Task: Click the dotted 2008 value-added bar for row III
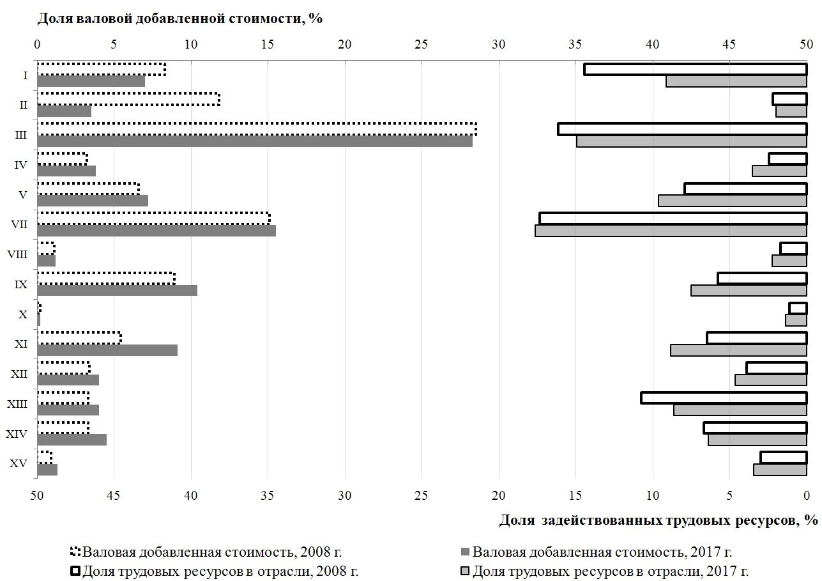point(255,129)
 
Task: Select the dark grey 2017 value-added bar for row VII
point(156,230)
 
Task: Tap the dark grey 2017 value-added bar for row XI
point(107,350)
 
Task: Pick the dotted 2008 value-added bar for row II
point(128,99)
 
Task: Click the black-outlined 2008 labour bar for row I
point(695,69)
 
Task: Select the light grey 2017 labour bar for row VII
point(671,230)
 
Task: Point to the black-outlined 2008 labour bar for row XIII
point(724,398)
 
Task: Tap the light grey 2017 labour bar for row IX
point(749,290)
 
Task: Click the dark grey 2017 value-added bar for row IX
point(117,290)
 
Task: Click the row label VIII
point(17,254)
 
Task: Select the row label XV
point(19,463)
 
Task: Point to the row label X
point(23,314)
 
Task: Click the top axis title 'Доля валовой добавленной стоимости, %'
point(179,19)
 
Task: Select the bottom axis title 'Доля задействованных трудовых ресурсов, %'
point(658,520)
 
